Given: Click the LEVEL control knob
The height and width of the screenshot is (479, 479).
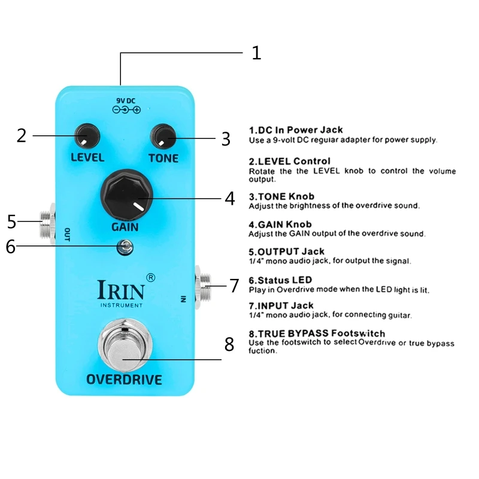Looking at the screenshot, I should pos(87,135).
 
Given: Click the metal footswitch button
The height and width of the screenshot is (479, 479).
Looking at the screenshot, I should pos(124,347).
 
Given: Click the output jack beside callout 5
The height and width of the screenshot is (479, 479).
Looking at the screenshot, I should pos(47,221).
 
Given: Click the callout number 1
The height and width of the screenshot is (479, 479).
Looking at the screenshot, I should pos(256,53).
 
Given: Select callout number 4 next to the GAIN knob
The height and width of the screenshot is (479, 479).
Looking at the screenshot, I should pos(229,199).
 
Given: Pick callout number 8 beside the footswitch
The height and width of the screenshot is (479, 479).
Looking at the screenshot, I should pos(229,344).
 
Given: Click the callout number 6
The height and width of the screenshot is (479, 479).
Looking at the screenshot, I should pos(10,247).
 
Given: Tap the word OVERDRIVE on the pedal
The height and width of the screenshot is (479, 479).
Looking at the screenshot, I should pos(124,379).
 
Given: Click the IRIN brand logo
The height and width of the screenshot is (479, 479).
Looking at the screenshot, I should pos(120,290).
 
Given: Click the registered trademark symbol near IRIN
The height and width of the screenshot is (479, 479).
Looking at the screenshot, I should pos(150,277).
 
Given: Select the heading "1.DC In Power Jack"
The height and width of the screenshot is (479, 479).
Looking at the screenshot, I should pos(296,130).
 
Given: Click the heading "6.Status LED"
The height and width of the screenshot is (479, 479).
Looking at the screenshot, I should pos(280,280).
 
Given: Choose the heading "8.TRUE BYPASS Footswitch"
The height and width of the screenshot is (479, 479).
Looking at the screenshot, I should pos(317,333).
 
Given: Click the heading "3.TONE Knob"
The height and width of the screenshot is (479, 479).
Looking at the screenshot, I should pos(281,196).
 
